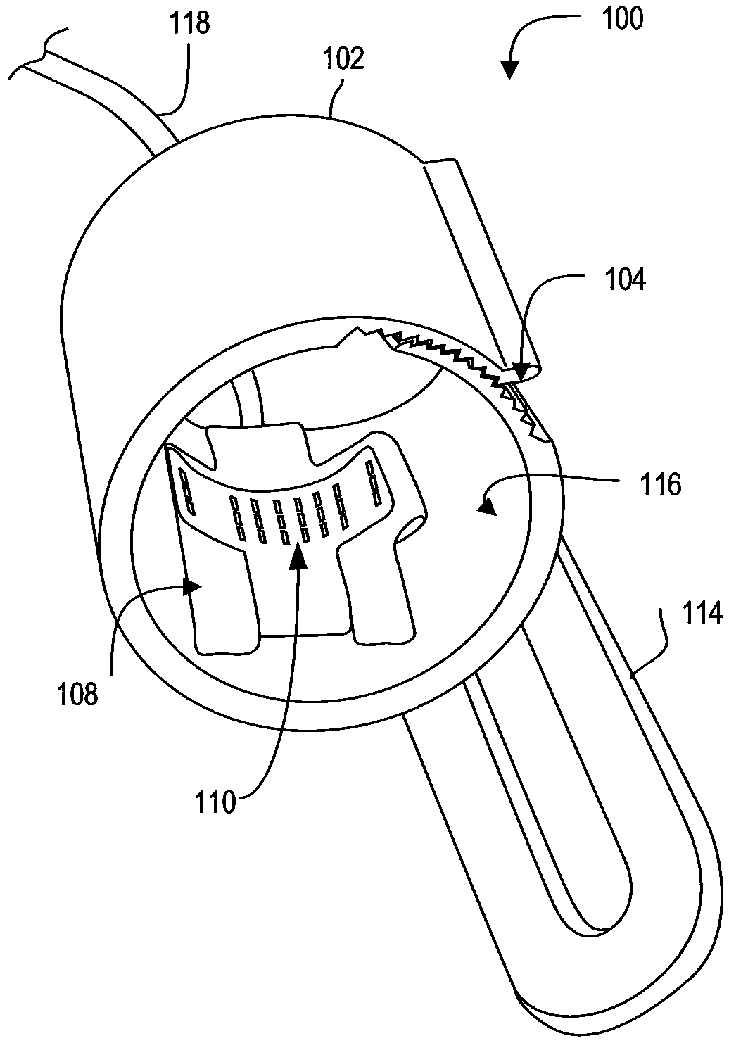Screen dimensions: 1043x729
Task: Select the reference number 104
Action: pyautogui.click(x=625, y=280)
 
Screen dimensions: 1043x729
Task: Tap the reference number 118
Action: pyautogui.click(x=190, y=23)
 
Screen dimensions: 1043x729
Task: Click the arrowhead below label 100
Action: pyautogui.click(x=510, y=69)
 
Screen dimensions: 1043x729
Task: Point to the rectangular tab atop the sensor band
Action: pyautogui.click(x=257, y=443)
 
